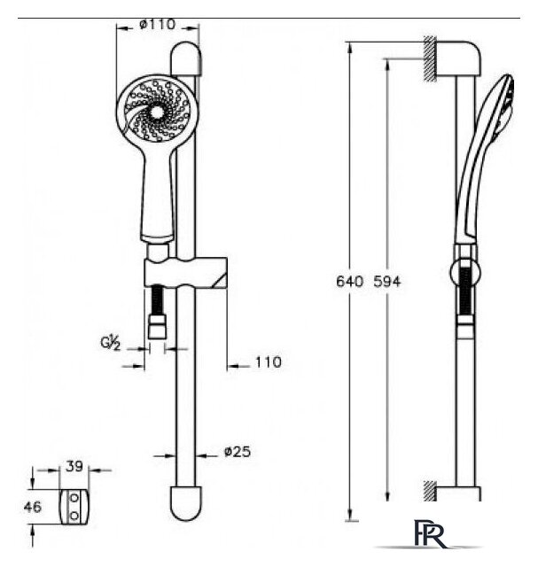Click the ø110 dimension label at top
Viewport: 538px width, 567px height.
(x=157, y=25)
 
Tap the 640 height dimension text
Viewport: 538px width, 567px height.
(x=349, y=282)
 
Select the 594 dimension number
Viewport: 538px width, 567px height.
(x=387, y=282)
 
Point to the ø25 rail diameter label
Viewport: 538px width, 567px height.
(x=238, y=452)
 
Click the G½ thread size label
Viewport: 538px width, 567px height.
(x=111, y=343)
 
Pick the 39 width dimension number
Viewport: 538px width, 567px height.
(x=74, y=467)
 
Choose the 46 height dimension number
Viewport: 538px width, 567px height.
(x=33, y=507)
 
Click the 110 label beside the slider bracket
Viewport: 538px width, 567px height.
(x=268, y=362)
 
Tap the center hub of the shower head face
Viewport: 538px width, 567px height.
(x=157, y=113)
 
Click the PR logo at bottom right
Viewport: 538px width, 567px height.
(x=431, y=534)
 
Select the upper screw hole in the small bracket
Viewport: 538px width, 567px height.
(x=74, y=498)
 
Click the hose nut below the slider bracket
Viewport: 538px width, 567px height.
(x=158, y=327)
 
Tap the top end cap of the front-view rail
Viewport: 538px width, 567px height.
(x=185, y=59)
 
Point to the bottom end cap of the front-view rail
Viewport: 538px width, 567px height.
(x=185, y=503)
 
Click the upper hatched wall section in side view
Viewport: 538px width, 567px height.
(x=430, y=58)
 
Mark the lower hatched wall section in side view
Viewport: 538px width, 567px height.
(x=430, y=491)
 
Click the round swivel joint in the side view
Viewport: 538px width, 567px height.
(x=466, y=272)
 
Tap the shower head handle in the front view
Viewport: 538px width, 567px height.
(x=158, y=195)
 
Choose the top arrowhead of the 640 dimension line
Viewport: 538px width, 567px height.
(x=349, y=48)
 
